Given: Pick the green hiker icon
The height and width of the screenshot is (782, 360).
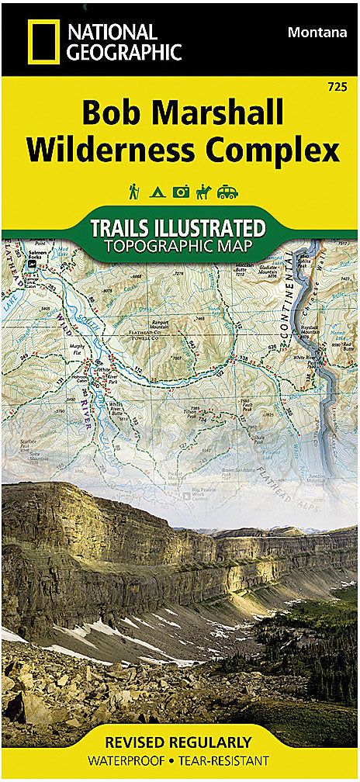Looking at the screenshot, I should (x=133, y=191).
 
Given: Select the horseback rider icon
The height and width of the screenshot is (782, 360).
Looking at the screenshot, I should (x=203, y=191).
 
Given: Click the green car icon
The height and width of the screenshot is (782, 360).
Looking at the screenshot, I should (x=228, y=192).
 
